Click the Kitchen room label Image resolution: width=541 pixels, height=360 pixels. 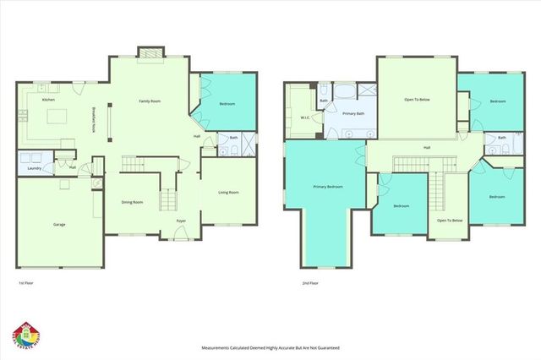(x=49, y=100)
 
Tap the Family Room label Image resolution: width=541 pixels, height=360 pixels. (x=150, y=101)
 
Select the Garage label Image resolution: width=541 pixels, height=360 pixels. (x=59, y=224)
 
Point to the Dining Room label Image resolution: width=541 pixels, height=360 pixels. (x=132, y=202)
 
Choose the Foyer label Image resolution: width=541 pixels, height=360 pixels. (x=181, y=221)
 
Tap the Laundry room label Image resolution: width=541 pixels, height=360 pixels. (x=33, y=167)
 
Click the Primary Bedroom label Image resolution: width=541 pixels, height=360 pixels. (x=328, y=186)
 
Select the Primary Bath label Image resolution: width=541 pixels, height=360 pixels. (x=353, y=113)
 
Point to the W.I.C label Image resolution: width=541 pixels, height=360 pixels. (x=305, y=117)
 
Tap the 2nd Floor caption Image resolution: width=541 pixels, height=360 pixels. (x=310, y=283)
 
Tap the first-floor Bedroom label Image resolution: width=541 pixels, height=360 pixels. (x=227, y=104)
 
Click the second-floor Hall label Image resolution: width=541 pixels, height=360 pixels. (x=427, y=147)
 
